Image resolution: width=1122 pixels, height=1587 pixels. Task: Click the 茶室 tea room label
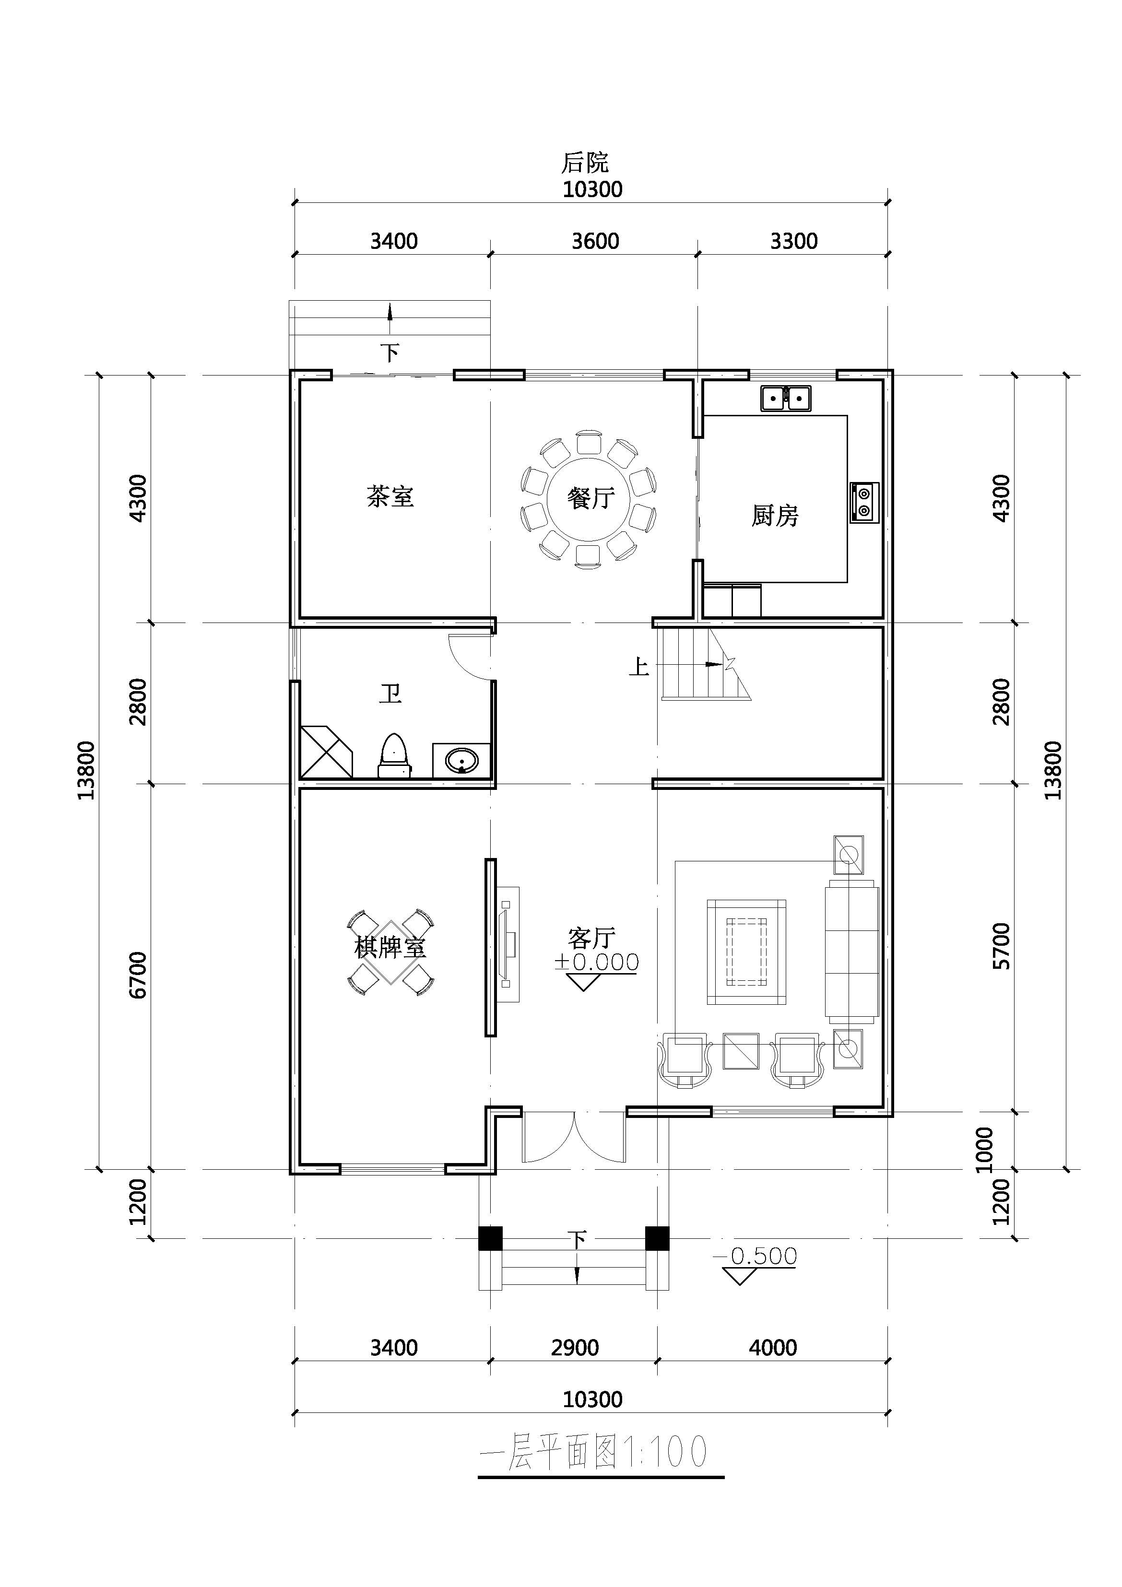click(x=390, y=496)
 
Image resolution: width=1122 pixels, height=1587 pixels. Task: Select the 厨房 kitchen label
click(x=775, y=516)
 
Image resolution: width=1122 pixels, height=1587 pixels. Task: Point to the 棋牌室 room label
click(x=390, y=947)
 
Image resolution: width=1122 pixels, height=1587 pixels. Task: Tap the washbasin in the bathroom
click(x=461, y=761)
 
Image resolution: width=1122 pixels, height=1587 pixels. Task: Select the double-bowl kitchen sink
click(x=786, y=398)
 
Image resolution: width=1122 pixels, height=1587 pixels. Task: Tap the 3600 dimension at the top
click(x=595, y=241)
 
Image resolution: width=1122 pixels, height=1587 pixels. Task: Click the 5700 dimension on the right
click(x=1001, y=946)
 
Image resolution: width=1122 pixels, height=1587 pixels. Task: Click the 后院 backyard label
click(x=585, y=163)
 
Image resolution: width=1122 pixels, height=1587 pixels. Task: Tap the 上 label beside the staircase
click(x=639, y=667)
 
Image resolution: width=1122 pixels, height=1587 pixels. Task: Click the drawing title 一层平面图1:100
click(x=594, y=1452)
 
